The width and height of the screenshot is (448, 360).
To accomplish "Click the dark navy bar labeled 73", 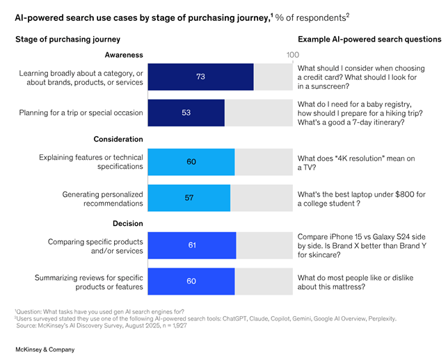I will click(200, 76).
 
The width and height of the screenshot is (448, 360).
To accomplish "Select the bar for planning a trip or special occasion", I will click(186, 113).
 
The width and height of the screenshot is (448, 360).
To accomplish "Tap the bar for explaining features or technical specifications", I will click(191, 162).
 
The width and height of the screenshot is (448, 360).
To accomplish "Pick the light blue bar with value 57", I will click(189, 197).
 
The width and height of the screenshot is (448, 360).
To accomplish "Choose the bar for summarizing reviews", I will click(191, 281).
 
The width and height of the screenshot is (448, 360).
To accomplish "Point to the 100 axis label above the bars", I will click(292, 55).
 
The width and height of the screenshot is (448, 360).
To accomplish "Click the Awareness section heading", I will click(124, 54).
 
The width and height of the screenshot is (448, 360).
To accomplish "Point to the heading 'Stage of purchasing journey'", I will click(67, 39).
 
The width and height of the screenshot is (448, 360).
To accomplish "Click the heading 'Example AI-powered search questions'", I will click(369, 39).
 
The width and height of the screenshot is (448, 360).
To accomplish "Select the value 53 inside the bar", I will click(186, 113).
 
